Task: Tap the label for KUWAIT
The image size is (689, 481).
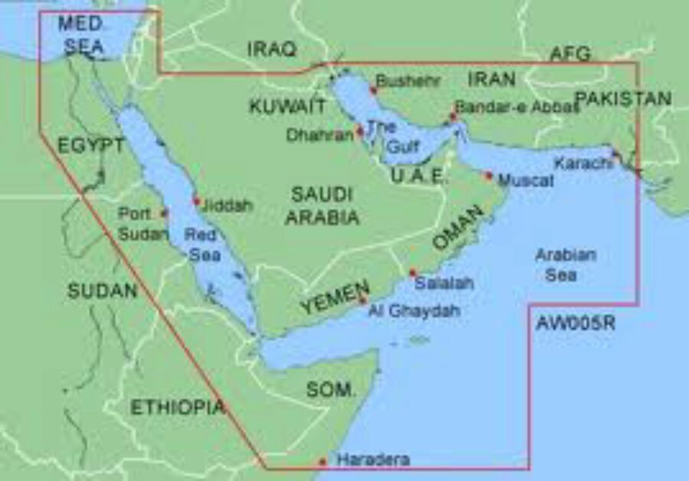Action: click(287, 106)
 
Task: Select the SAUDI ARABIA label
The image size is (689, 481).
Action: click(322, 205)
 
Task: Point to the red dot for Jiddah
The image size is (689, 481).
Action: click(196, 202)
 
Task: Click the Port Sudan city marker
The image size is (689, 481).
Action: click(164, 213)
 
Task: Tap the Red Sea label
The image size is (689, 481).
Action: click(202, 245)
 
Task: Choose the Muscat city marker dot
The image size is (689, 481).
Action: click(488, 175)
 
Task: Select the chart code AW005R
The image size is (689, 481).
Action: click(575, 323)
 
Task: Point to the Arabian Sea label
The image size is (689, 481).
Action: click(566, 265)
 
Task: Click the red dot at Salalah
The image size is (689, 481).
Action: click(413, 272)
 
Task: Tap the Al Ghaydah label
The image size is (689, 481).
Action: click(414, 311)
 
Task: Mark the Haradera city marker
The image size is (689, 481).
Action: click(322, 461)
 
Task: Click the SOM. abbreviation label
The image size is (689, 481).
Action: click(331, 389)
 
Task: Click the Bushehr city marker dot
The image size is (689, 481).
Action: click(373, 90)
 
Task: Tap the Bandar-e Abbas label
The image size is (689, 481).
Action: click(516, 106)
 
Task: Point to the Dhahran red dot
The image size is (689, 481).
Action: click(360, 130)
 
